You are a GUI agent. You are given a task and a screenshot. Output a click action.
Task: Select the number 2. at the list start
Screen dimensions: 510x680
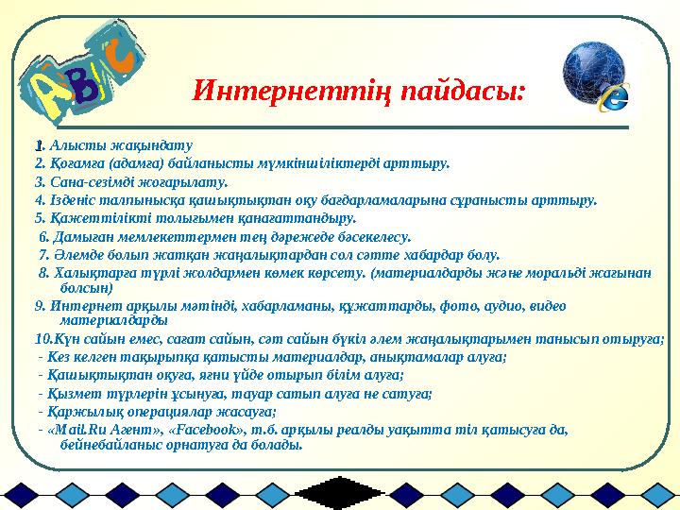click(x=39, y=162)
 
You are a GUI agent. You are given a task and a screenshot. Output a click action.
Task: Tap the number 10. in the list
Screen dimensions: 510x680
click(x=42, y=339)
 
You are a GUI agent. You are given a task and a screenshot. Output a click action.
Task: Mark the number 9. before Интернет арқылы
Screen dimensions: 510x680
click(x=39, y=304)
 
